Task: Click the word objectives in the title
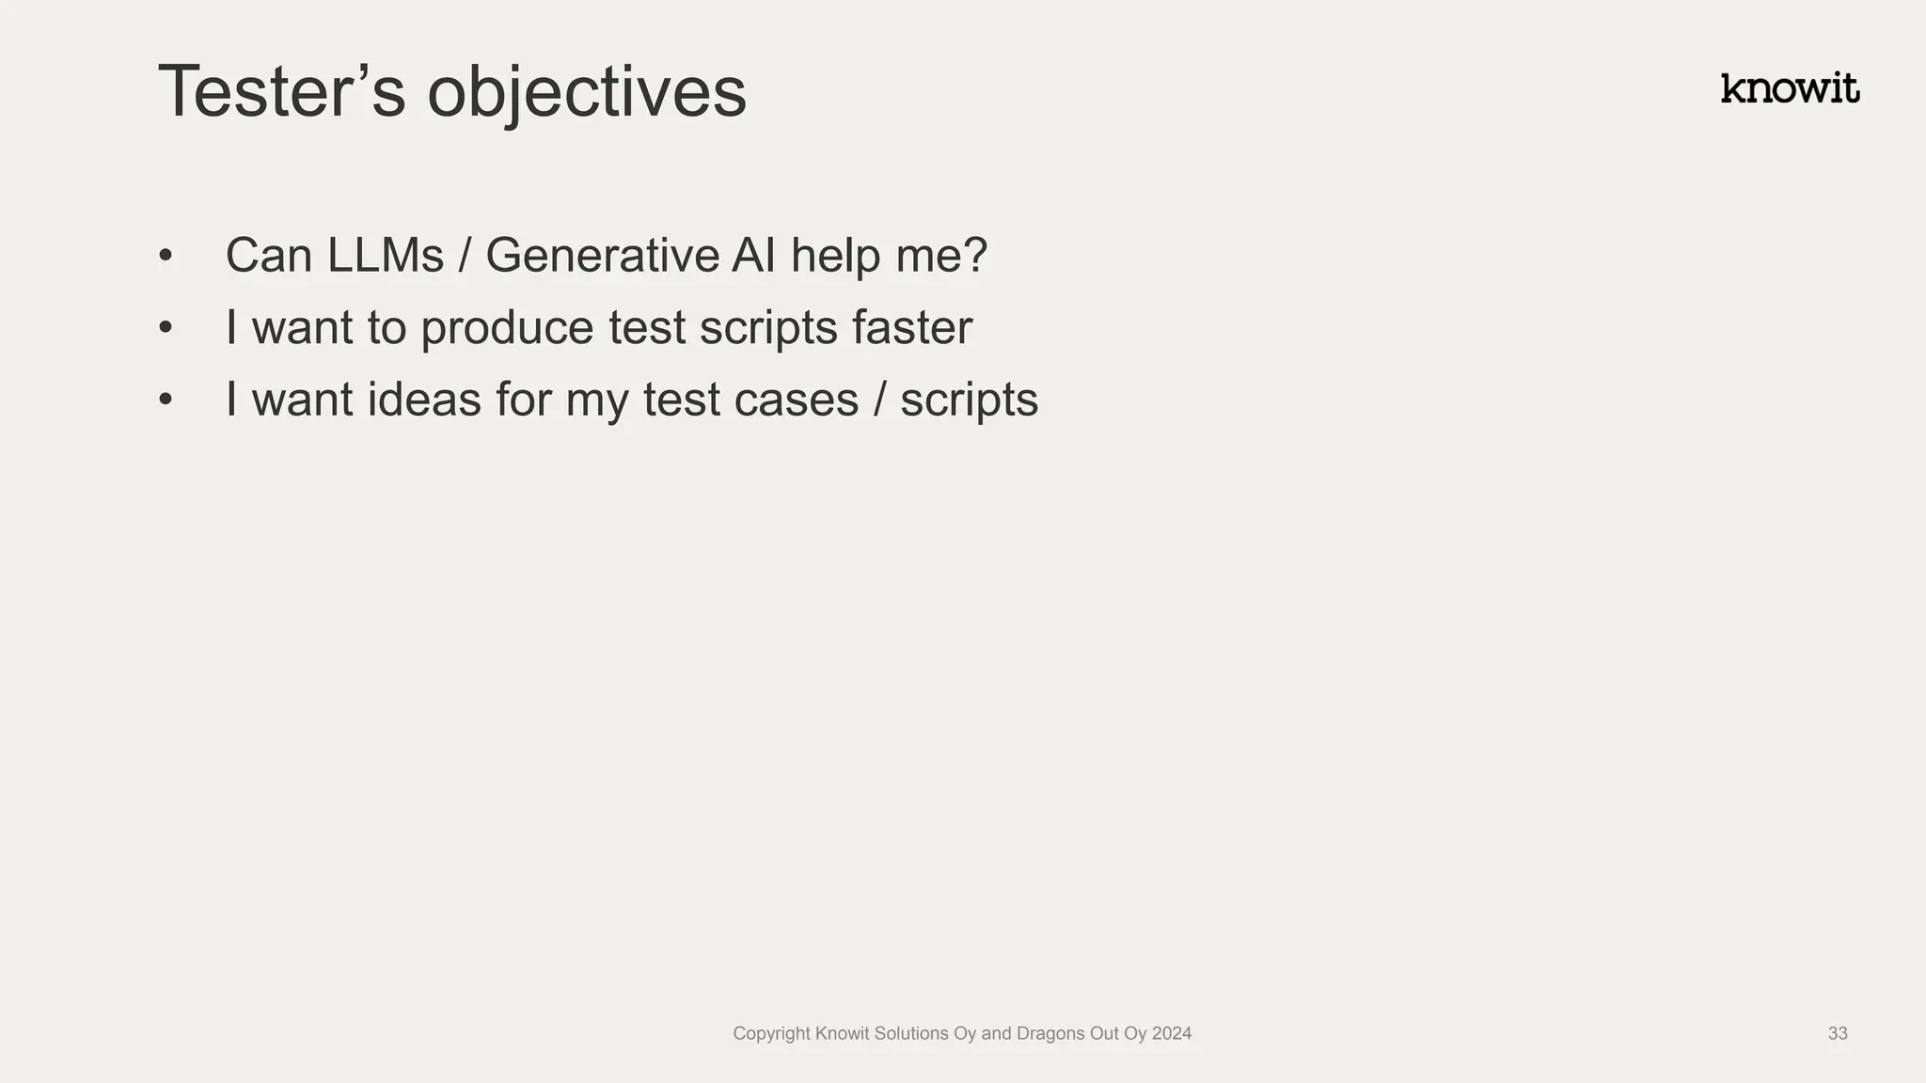586,92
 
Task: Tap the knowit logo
1789,88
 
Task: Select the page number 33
1837,1033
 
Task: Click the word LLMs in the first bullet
386,256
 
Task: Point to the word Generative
602,256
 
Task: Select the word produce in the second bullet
506,328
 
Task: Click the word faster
911,328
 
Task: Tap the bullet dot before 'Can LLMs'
166,256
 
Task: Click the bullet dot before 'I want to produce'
166,328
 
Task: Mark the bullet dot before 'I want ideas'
166,400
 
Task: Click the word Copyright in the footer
771,1033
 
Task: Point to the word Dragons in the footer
1050,1033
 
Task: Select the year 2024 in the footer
1171,1033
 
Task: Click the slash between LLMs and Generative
464,256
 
